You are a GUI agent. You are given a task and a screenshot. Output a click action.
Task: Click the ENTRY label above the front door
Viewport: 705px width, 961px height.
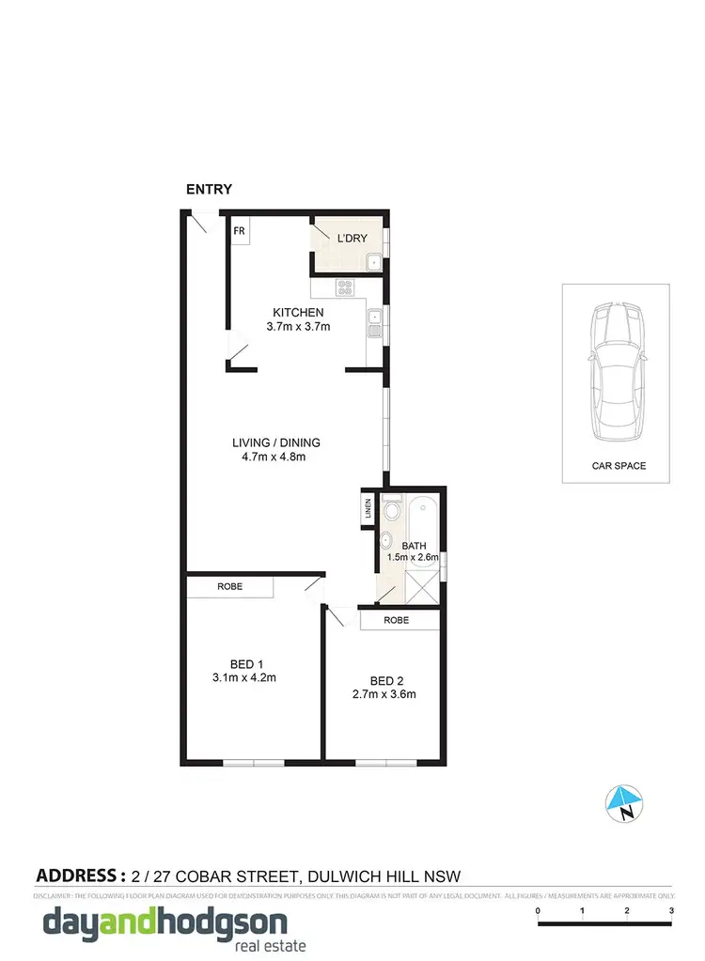[x=209, y=189]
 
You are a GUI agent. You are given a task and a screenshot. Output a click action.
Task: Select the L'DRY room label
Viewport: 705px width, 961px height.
[x=352, y=239]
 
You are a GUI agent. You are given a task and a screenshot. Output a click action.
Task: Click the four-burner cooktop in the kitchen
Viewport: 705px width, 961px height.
[x=344, y=289]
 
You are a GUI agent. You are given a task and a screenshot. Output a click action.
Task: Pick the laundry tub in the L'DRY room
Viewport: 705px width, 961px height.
[x=372, y=263]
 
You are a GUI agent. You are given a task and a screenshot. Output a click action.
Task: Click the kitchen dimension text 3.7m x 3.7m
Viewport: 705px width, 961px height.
[x=298, y=327]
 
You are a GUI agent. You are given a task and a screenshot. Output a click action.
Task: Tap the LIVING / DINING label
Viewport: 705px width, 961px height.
[x=276, y=443]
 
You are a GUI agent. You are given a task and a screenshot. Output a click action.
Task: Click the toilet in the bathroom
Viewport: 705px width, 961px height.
[x=391, y=511]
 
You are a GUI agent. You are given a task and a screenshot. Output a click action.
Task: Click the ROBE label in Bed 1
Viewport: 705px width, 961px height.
[x=229, y=587]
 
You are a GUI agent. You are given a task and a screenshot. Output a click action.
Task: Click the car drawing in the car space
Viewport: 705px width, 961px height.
[x=616, y=375]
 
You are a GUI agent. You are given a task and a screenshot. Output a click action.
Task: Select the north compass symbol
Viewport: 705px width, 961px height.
[x=622, y=803]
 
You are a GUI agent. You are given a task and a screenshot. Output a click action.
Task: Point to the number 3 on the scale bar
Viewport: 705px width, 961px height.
[x=671, y=911]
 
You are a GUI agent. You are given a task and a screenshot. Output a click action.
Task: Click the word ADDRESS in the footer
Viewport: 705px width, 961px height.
[x=80, y=876]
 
